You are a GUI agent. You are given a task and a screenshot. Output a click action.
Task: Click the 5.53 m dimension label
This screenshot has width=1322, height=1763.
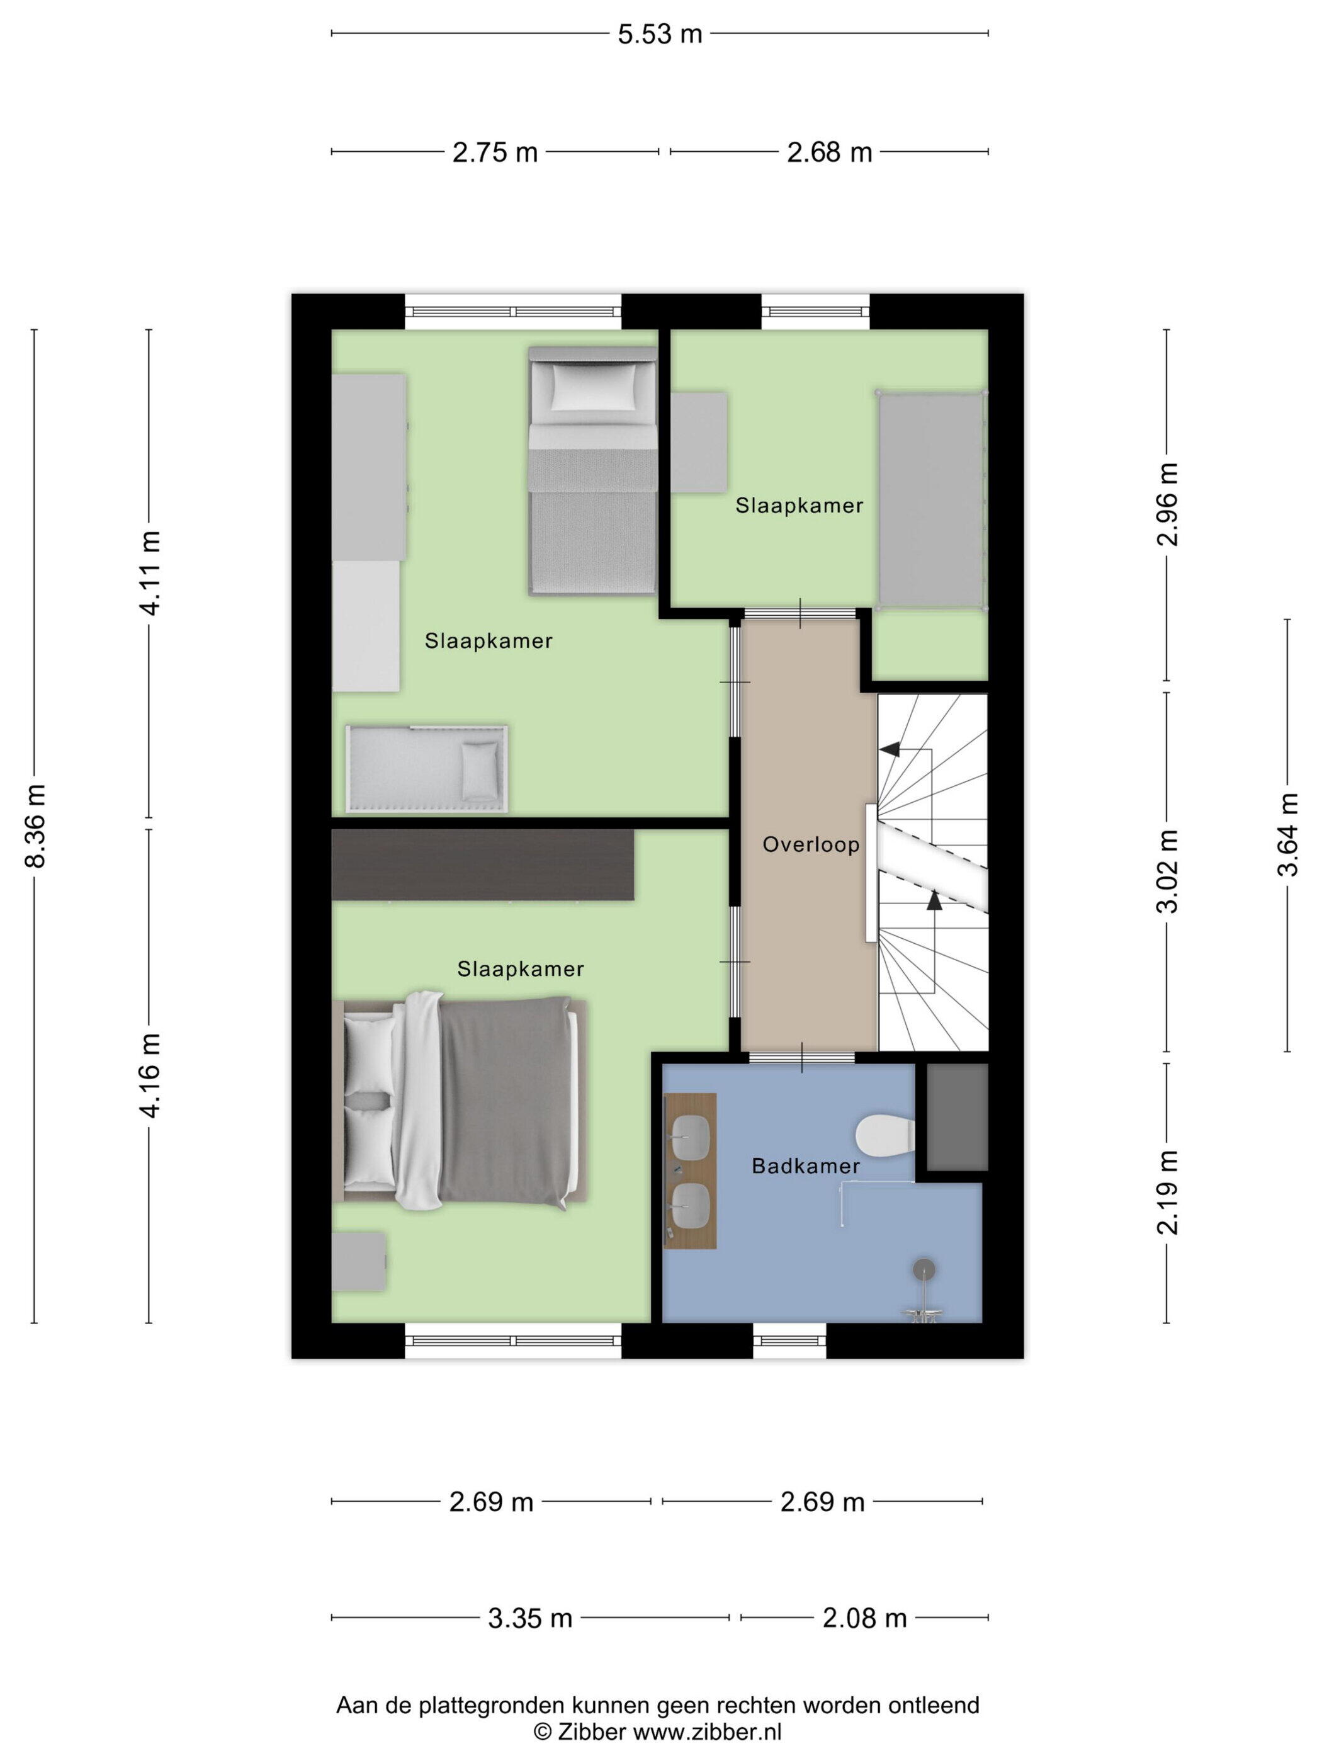point(660,34)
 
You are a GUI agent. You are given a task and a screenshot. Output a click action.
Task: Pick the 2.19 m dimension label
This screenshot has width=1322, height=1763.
point(1167,1193)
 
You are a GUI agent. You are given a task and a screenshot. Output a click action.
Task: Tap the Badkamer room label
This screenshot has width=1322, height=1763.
point(806,1166)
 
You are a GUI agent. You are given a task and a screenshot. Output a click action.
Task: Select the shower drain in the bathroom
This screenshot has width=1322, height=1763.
point(924,1268)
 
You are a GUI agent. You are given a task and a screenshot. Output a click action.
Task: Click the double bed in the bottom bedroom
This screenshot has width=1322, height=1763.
point(460,1101)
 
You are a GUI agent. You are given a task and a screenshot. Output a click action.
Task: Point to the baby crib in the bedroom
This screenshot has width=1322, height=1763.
point(427,769)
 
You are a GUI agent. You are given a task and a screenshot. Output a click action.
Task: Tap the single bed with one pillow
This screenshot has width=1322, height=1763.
point(592,470)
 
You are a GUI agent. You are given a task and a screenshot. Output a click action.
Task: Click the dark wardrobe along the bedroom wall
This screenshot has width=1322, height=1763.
point(483,864)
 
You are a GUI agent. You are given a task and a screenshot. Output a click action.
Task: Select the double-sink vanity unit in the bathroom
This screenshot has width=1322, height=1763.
point(690,1170)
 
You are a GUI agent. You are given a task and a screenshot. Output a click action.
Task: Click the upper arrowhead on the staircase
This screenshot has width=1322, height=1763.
point(890,749)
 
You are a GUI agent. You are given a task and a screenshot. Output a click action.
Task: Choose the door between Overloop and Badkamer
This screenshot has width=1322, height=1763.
point(801,1058)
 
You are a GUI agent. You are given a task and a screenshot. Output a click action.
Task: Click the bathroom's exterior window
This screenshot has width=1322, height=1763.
point(791,1340)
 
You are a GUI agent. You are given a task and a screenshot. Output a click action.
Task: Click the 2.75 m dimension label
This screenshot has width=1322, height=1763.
point(495,152)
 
